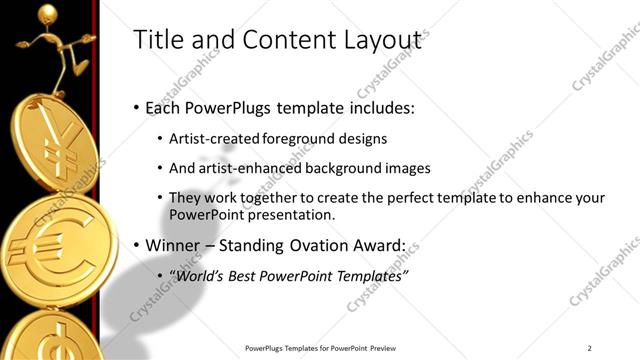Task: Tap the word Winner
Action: click(x=176, y=245)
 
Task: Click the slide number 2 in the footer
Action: click(x=590, y=348)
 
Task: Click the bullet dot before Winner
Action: click(x=137, y=246)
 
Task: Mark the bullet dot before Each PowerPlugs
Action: click(x=137, y=108)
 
